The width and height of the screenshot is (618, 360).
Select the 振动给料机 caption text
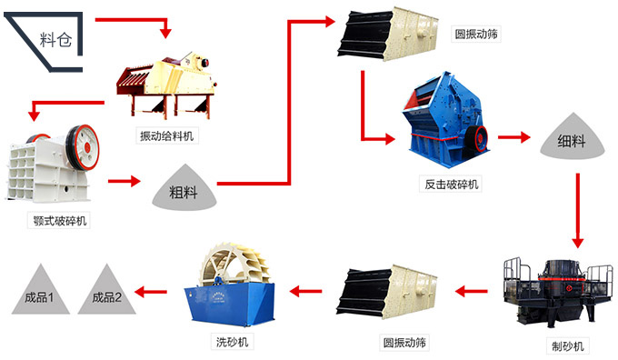(166, 136)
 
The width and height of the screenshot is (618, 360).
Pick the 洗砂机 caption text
(232, 342)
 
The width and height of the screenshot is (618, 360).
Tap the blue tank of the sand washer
(232, 305)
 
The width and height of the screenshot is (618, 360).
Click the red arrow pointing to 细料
(513, 138)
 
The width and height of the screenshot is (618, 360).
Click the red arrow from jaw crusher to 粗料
(125, 181)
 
